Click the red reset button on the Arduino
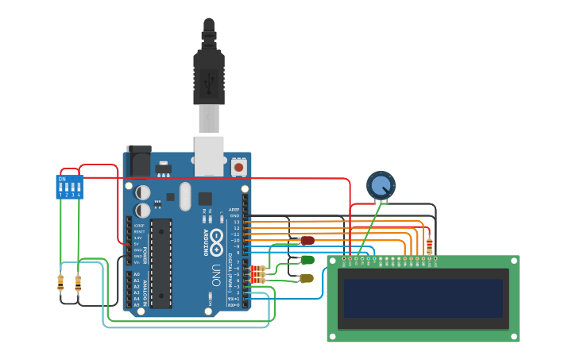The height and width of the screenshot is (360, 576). pos(238,168)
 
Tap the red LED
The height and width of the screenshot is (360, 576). pos(307,240)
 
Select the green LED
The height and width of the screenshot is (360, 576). pos(307,260)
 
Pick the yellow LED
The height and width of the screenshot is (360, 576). pos(307,278)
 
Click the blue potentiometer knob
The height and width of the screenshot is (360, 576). pos(381,185)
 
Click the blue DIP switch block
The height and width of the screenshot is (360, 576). pos(69,187)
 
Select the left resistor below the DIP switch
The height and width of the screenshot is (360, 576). pos(60,281)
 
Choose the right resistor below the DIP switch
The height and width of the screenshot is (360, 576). pos(78,281)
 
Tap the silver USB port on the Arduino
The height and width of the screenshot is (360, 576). pos(209,155)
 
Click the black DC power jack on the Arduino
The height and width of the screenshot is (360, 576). pos(139,162)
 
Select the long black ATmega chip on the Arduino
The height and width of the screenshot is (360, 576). pos(161,263)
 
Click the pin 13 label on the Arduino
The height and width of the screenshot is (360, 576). pos(236,222)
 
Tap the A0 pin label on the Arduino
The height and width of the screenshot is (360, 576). pos(136,274)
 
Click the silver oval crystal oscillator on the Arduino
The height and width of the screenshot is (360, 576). pos(186,196)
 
